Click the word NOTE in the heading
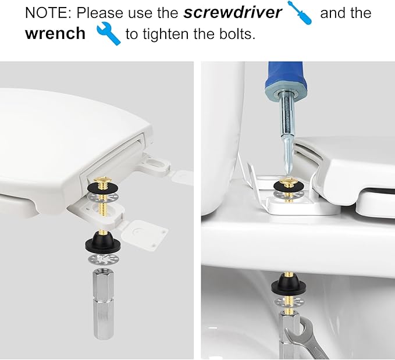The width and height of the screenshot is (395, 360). [48, 13]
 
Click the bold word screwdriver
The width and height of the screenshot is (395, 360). [233, 13]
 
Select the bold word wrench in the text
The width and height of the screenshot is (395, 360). [55, 33]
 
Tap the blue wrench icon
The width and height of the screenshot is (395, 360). [109, 33]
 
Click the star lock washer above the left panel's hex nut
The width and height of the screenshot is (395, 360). [103, 259]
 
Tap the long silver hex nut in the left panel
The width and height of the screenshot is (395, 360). [104, 304]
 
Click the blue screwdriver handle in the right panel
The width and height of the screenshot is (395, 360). [284, 78]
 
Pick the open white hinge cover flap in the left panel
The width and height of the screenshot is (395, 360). [143, 234]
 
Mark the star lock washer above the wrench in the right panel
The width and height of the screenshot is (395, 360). [289, 301]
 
